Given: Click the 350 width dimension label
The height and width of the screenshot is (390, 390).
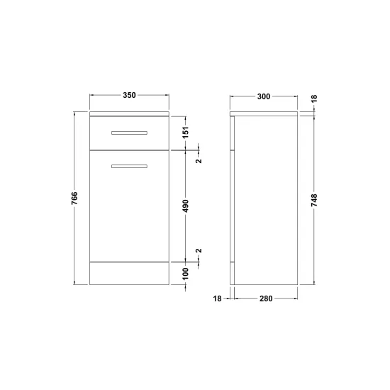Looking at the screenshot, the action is click(x=129, y=95).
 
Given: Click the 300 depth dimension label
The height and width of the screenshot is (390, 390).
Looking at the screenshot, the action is click(x=264, y=96).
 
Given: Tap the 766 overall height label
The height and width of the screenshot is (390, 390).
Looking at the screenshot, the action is click(x=74, y=199).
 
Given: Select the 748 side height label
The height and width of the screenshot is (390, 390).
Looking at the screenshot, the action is click(x=314, y=200).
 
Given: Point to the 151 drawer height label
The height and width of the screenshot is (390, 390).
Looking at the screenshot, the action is click(x=186, y=133).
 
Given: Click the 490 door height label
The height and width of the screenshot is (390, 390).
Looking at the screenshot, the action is click(x=186, y=206).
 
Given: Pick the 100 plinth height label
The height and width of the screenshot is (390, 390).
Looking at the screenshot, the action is click(x=186, y=274).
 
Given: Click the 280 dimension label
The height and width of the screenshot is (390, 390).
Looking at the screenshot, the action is click(x=266, y=299).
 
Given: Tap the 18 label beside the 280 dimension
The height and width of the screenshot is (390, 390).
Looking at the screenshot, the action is click(x=217, y=299).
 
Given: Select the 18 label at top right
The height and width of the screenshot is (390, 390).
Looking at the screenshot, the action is click(x=314, y=99).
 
